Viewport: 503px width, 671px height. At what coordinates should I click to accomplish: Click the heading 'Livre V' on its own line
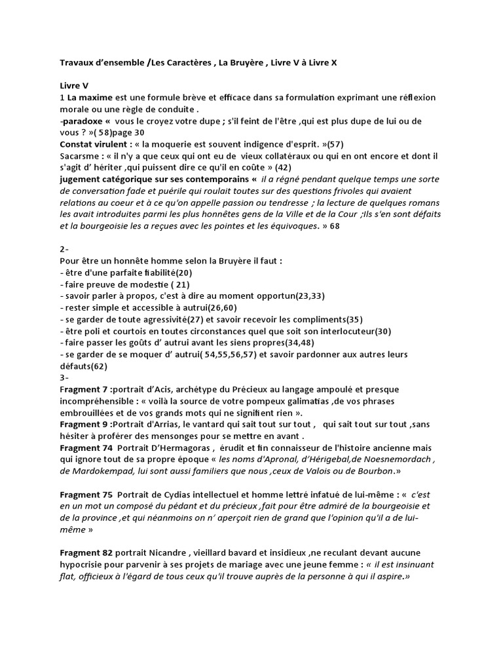[74, 86]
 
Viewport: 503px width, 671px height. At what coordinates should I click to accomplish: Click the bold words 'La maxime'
[90, 98]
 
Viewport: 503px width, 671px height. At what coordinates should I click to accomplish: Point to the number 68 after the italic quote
[335, 226]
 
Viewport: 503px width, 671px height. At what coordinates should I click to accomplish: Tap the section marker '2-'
[64, 250]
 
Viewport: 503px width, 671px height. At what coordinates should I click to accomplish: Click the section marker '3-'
[64, 378]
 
